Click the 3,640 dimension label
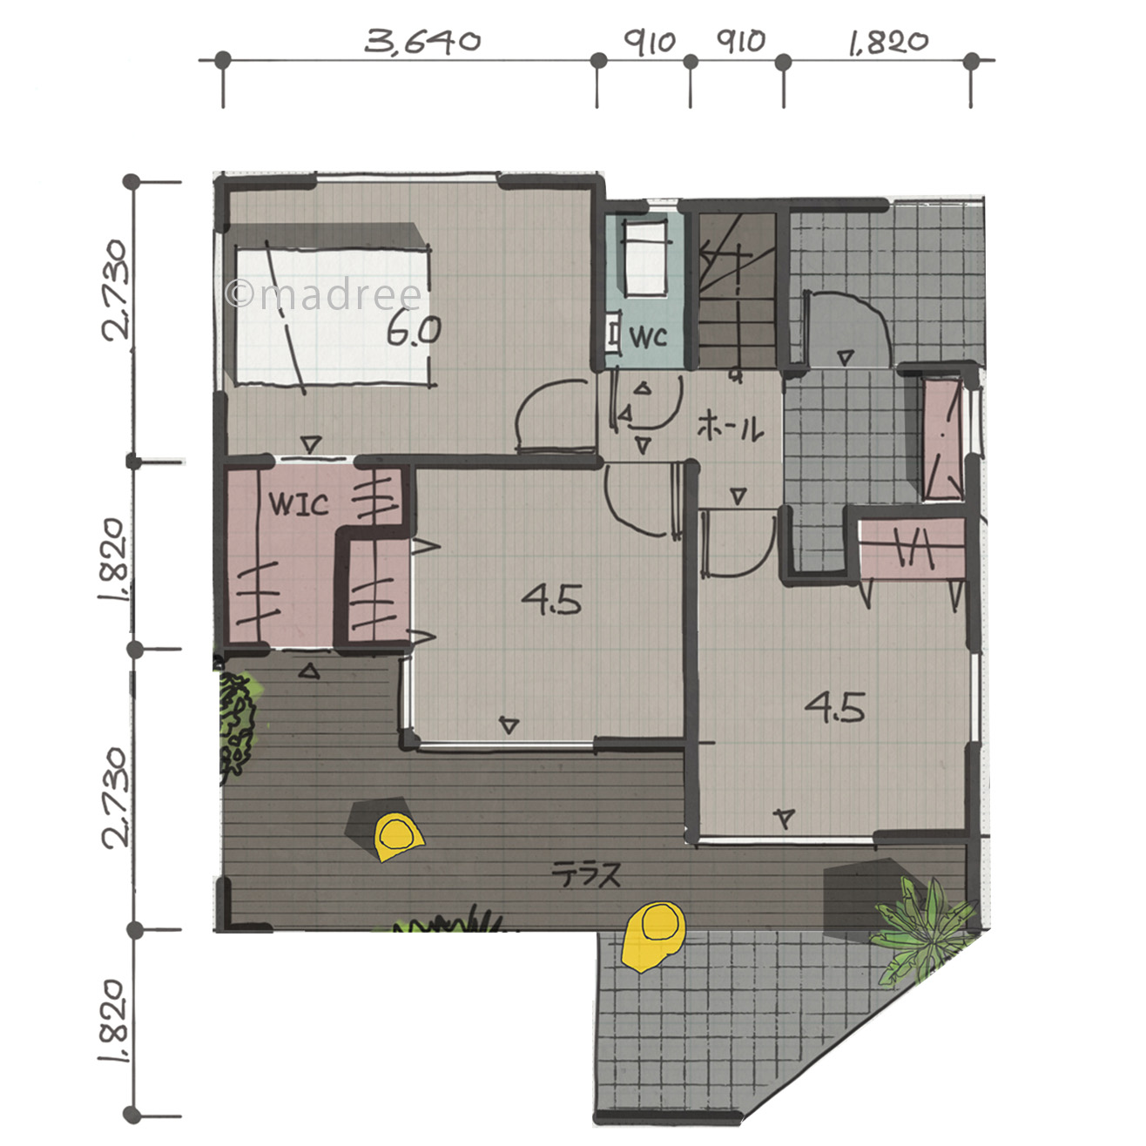pyautogui.click(x=421, y=42)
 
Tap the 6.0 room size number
pyautogui.click(x=414, y=330)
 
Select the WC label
pyautogui.click(x=648, y=337)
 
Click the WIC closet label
pyautogui.click(x=299, y=503)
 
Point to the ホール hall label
pyautogui.click(x=731, y=427)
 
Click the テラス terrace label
pyautogui.click(x=586, y=874)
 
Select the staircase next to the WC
pyautogui.click(x=737, y=290)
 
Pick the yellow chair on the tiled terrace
pyautogui.click(x=653, y=936)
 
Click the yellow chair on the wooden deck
pyautogui.click(x=398, y=836)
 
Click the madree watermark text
pyautogui.click(x=324, y=295)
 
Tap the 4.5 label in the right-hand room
pyautogui.click(x=834, y=707)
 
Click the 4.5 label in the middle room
pyautogui.click(x=551, y=599)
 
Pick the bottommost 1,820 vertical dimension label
pyautogui.click(x=113, y=1021)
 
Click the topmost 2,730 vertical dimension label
pyautogui.click(x=115, y=290)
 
